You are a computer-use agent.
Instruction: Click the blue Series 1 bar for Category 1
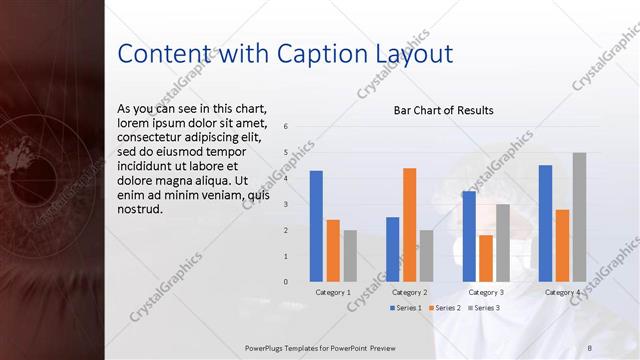(316, 226)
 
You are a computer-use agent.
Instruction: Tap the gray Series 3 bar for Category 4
(579, 217)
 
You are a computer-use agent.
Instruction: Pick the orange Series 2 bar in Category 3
(486, 258)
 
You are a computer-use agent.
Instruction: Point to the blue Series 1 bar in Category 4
(545, 223)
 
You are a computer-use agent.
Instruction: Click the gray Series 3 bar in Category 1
(350, 256)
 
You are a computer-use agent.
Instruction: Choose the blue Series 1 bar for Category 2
(392, 249)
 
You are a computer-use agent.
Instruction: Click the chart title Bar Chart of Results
(443, 110)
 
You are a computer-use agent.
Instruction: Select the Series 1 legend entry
(405, 308)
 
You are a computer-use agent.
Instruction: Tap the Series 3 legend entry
(483, 308)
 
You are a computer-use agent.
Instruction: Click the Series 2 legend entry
(444, 308)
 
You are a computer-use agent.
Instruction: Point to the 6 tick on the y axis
(286, 127)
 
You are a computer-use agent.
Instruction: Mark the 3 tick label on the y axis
(286, 204)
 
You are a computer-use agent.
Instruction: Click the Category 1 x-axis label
(333, 292)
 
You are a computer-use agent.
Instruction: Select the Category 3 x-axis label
(486, 292)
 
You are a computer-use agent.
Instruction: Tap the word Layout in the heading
(413, 52)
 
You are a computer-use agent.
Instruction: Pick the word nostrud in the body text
(139, 210)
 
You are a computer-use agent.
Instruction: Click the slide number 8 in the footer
(589, 347)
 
